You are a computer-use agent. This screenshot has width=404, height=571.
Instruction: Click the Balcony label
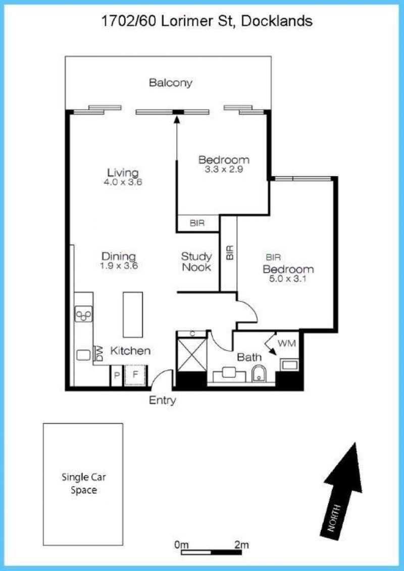(x=171, y=83)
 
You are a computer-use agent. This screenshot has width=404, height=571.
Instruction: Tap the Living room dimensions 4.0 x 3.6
(x=122, y=182)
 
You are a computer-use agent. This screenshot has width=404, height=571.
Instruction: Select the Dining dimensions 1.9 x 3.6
(x=119, y=266)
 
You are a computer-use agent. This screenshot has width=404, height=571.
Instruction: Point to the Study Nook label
(x=196, y=262)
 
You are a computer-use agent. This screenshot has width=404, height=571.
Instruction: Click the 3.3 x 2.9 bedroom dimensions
(x=224, y=169)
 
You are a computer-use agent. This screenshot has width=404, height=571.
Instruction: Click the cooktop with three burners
(x=84, y=314)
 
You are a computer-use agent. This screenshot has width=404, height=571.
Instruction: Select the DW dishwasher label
(x=98, y=353)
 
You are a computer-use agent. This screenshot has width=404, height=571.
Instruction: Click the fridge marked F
(x=135, y=375)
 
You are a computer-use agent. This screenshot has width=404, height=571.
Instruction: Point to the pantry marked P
(x=117, y=375)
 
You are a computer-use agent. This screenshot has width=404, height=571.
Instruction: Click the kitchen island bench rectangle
(x=133, y=315)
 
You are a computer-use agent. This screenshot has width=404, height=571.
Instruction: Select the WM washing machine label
(x=286, y=343)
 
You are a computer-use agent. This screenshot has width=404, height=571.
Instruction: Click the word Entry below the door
(x=163, y=401)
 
